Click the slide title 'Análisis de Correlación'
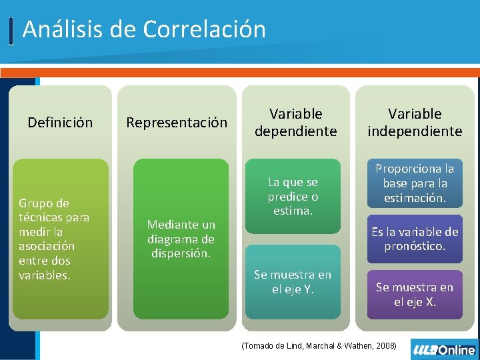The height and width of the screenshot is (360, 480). click(x=143, y=29)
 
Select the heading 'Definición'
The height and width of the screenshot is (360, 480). click(x=60, y=122)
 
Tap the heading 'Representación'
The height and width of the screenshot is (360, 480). click(x=177, y=122)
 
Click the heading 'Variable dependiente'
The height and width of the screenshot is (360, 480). click(x=295, y=122)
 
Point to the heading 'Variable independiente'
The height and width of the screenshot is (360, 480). click(x=415, y=122)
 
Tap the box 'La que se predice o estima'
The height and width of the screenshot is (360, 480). click(x=293, y=196)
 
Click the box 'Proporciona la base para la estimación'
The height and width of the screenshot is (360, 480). click(x=415, y=183)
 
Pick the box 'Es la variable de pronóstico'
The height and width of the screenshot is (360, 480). click(x=415, y=239)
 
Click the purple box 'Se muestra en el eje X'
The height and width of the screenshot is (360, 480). click(x=415, y=294)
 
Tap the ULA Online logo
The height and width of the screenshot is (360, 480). click(x=444, y=349)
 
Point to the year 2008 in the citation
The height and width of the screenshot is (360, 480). click(x=385, y=345)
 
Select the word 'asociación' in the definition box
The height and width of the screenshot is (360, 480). click(x=47, y=245)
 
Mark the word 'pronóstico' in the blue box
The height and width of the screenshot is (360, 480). click(x=415, y=246)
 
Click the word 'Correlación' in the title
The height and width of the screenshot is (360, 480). click(x=204, y=29)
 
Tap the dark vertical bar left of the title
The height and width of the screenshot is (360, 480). click(x=12, y=31)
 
